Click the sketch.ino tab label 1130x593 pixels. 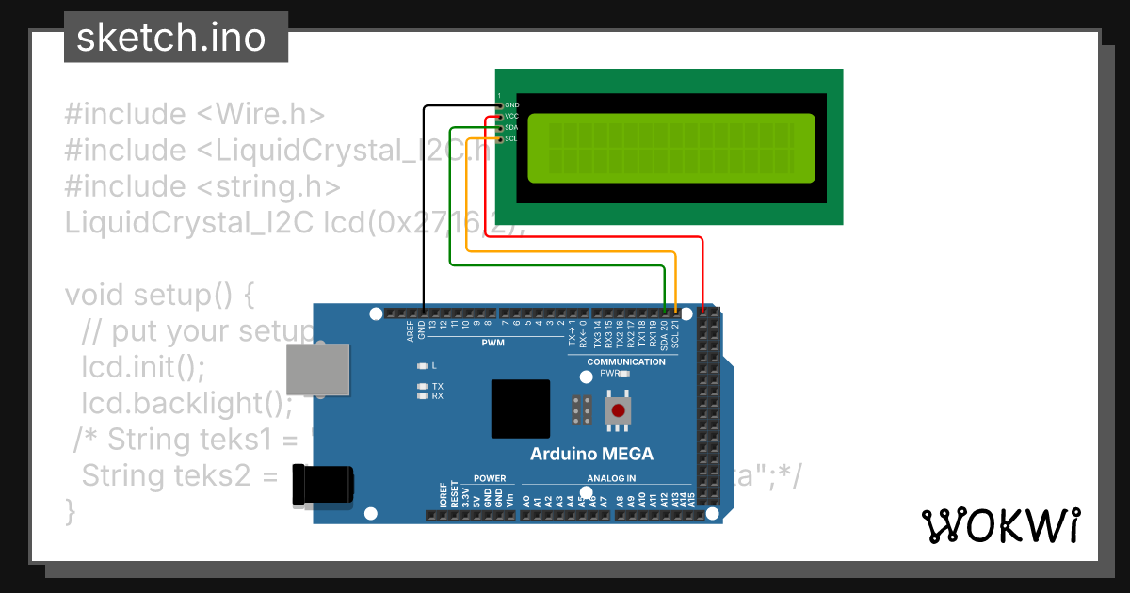pos(170,38)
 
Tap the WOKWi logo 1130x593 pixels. pos(1000,526)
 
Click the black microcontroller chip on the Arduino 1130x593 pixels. pos(520,409)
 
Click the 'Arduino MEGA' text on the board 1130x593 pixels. pos(591,454)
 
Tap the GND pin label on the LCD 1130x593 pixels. pos(511,105)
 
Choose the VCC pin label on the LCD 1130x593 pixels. pos(511,116)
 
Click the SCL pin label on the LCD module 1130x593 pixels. pos(510,138)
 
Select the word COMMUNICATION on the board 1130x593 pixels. pos(625,361)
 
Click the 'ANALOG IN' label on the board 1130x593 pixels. pos(611,478)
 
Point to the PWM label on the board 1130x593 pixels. pos(492,343)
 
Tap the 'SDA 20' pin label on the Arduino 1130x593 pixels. pos(664,334)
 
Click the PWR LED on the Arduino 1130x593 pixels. pos(622,373)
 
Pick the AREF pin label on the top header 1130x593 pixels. pos(411,329)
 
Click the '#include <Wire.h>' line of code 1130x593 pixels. pos(194,114)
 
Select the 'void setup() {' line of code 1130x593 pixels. pos(159,295)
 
